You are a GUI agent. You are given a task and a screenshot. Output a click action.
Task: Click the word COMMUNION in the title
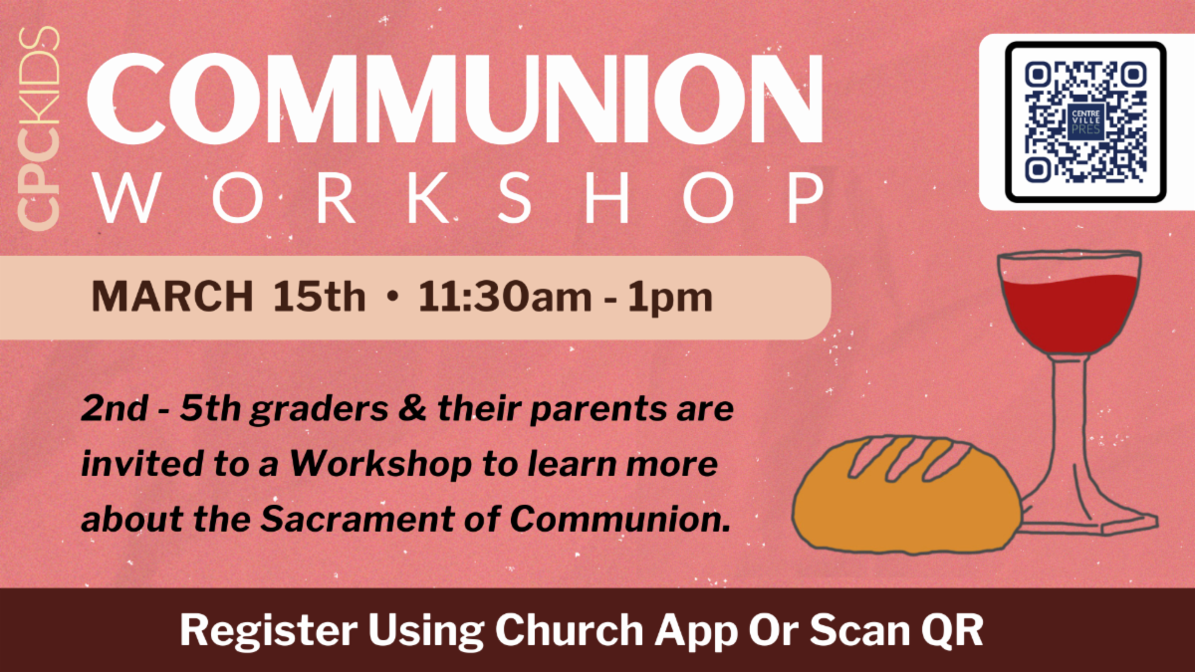click(x=454, y=99)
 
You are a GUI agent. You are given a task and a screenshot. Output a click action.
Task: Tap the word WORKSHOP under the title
click(x=459, y=198)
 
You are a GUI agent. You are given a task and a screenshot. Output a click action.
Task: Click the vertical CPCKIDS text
click(x=39, y=128)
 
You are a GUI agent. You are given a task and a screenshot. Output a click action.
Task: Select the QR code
click(x=1085, y=121)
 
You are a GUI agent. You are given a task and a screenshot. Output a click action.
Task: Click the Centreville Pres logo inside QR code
click(x=1085, y=121)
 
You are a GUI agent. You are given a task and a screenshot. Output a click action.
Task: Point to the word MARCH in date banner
click(x=172, y=296)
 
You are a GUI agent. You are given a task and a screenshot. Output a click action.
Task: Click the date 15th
click(x=319, y=296)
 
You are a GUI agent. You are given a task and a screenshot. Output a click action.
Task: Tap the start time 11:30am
click(x=505, y=297)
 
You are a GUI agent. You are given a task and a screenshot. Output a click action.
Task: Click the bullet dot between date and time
click(x=392, y=296)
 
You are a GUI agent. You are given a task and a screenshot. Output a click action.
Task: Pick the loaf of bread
click(x=907, y=495)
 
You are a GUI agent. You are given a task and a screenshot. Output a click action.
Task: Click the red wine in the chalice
click(x=1071, y=312)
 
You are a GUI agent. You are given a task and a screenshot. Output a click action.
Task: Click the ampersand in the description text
click(x=412, y=409)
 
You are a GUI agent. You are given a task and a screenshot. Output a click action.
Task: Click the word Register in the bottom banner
click(x=268, y=631)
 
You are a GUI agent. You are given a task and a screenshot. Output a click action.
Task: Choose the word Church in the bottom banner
click(x=570, y=629)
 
